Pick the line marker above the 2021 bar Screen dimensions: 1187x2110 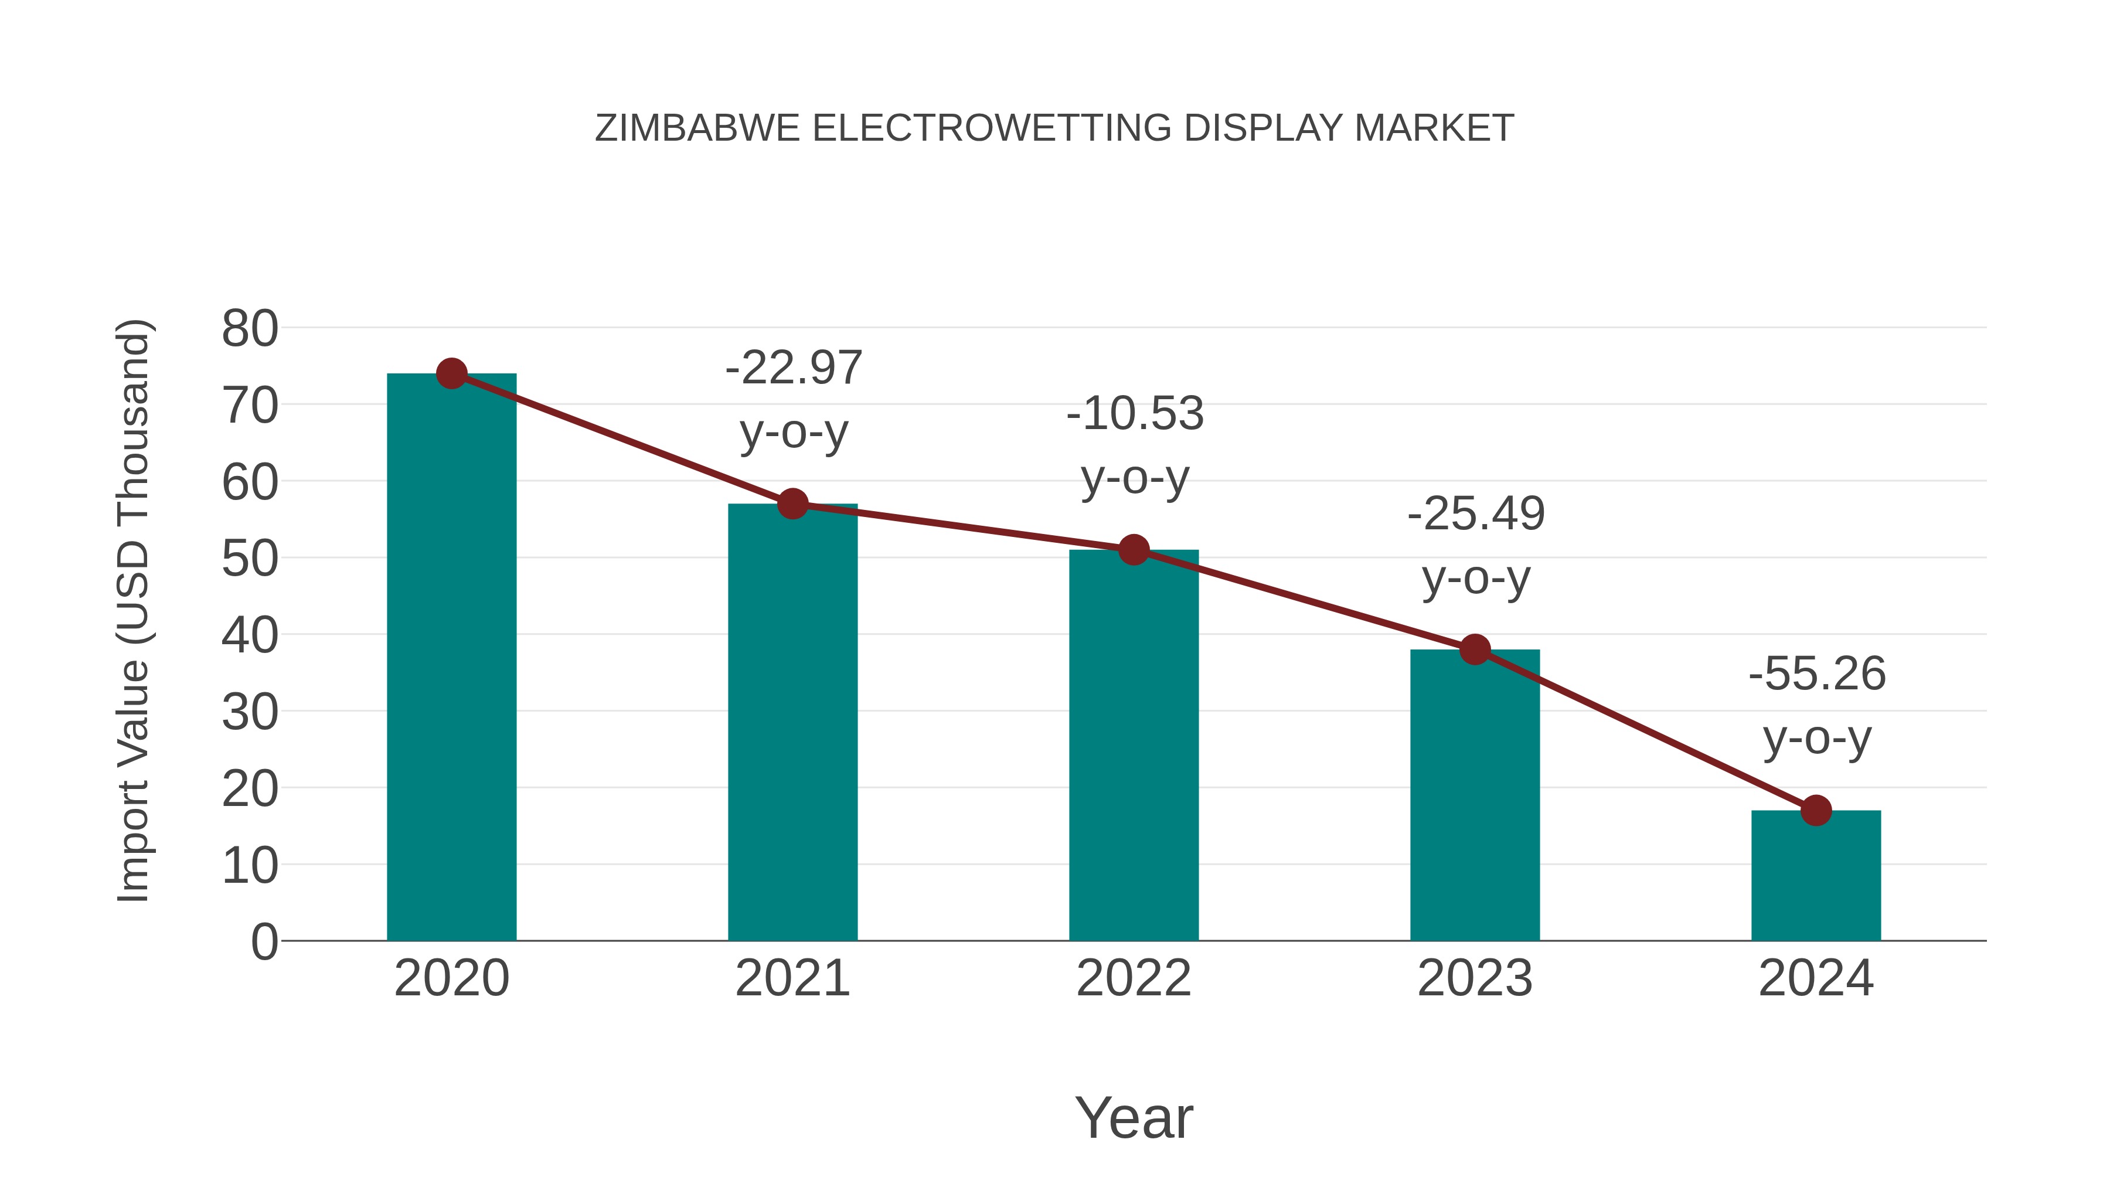click(793, 504)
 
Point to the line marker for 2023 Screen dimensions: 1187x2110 click(1475, 649)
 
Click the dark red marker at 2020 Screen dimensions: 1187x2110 click(451, 373)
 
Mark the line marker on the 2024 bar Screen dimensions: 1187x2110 click(1816, 810)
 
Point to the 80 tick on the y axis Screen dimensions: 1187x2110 click(250, 329)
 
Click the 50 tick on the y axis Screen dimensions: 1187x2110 click(250, 560)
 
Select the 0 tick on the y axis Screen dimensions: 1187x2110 click(264, 942)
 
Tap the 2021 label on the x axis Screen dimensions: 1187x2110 click(793, 978)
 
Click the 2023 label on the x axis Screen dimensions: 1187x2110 click(1475, 978)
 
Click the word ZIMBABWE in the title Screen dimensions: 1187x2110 click(697, 128)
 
